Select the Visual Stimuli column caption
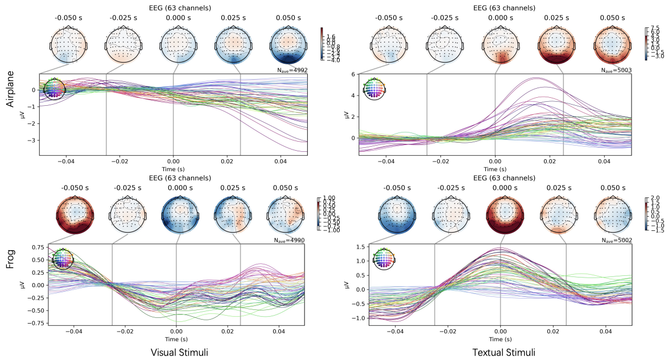pyautogui.click(x=179, y=353)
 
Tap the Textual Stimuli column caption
pyautogui.click(x=504, y=353)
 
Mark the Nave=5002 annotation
pyautogui.click(x=614, y=241)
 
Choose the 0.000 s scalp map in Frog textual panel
pyautogui.click(x=500, y=215)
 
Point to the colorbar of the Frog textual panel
pyautogui.click(x=646, y=215)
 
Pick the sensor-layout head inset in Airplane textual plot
pyautogui.click(x=374, y=90)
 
